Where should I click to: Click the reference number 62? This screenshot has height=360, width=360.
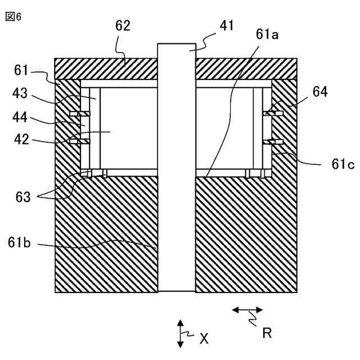click(x=123, y=25)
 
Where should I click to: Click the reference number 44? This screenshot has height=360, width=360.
click(x=21, y=119)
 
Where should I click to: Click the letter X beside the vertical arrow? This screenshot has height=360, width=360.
click(x=204, y=338)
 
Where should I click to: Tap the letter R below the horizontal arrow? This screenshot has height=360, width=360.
click(x=267, y=333)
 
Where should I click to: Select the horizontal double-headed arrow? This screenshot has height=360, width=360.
click(x=248, y=309)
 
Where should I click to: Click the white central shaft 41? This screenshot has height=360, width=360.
click(x=177, y=169)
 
